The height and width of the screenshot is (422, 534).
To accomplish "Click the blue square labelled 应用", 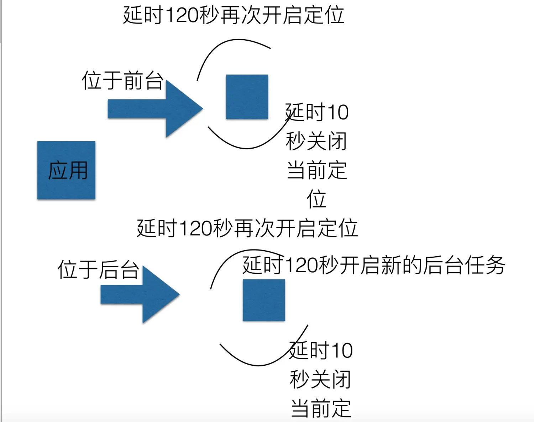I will coord(66,170).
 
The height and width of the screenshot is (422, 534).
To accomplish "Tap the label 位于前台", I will coord(122,80).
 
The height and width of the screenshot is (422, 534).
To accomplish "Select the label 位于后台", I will coord(98,269).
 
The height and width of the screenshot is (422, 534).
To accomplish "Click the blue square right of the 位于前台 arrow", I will coord(247,97).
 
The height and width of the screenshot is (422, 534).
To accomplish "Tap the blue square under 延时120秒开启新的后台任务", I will coord(264,300).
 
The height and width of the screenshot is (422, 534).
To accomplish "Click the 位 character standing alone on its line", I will coord(316,199).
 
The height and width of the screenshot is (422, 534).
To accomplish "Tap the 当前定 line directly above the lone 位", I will coord(316,170).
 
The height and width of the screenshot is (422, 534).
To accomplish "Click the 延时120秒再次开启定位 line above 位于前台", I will coord(234,15).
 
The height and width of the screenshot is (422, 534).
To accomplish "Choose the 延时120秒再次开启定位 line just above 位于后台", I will coord(247,228).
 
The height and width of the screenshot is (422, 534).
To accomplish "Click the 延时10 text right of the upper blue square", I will coord(317,112).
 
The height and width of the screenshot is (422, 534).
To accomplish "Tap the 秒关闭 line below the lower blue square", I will coord(320,379).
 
